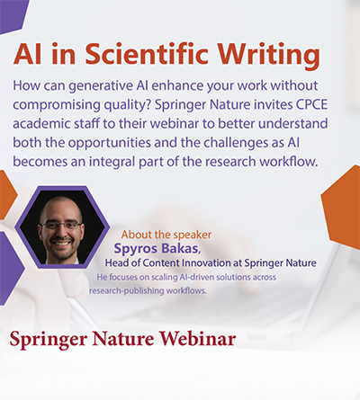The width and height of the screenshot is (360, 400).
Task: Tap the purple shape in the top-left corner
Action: (x=13, y=10)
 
